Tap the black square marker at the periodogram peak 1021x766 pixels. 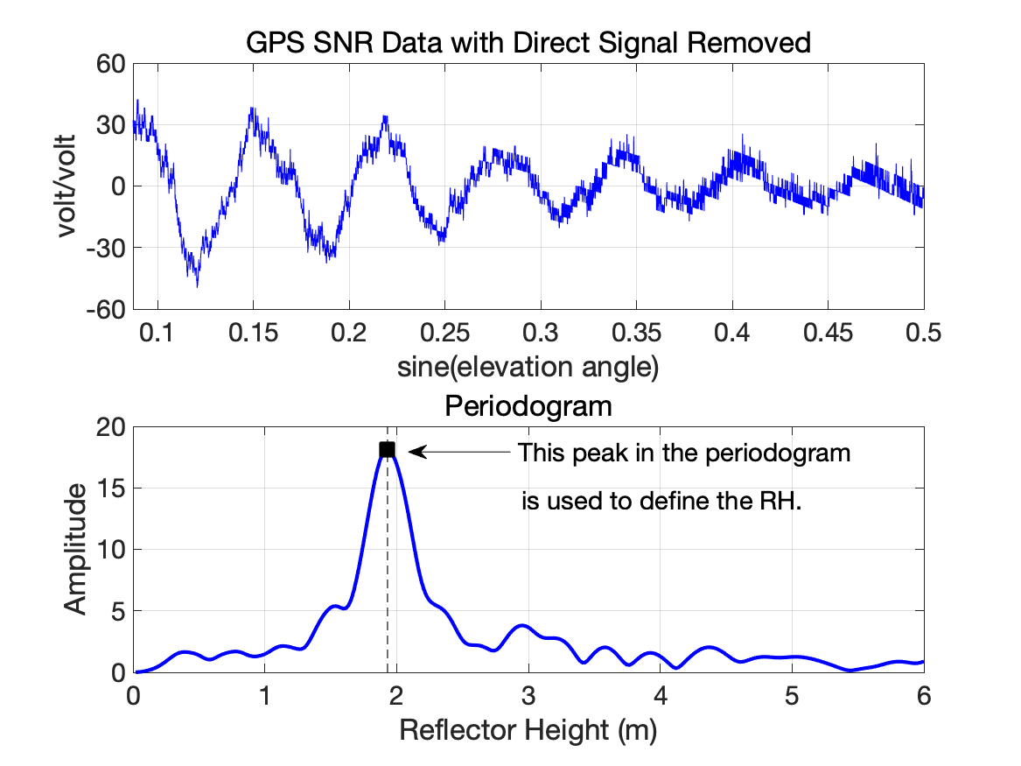[x=387, y=450]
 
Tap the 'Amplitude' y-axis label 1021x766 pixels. [x=77, y=549]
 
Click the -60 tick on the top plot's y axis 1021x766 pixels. [x=106, y=309]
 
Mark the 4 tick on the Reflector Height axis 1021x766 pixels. [x=660, y=695]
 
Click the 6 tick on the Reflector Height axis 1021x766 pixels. [x=923, y=695]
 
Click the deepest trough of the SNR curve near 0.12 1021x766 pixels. [x=197, y=284]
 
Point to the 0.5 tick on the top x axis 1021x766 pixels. [x=923, y=334]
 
